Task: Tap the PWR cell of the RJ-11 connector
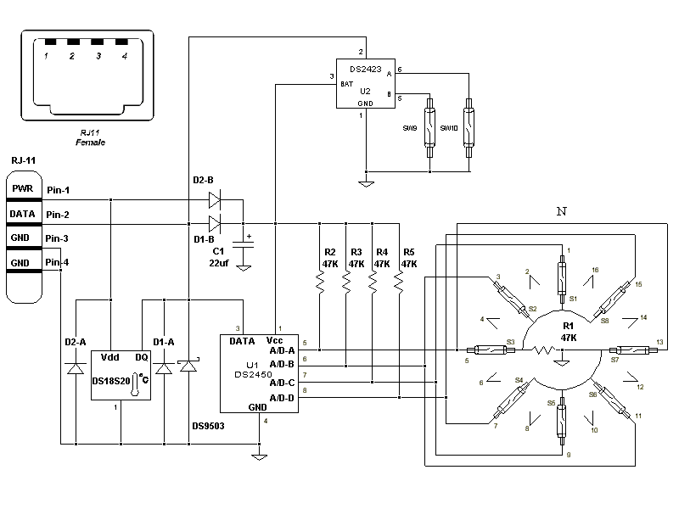[22, 189]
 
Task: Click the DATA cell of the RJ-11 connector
[22, 215]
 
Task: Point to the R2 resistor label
[329, 252]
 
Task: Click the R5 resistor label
[409, 252]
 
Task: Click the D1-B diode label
[204, 239]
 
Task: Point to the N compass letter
[560, 210]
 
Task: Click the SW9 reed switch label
[409, 127]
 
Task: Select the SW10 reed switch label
[449, 127]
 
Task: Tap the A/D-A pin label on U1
[282, 350]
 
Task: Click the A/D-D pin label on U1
[282, 397]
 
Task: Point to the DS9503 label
[208, 426]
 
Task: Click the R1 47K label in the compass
[568, 331]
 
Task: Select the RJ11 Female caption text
[90, 138]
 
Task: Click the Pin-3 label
[59, 238]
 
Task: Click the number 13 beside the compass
[659, 341]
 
